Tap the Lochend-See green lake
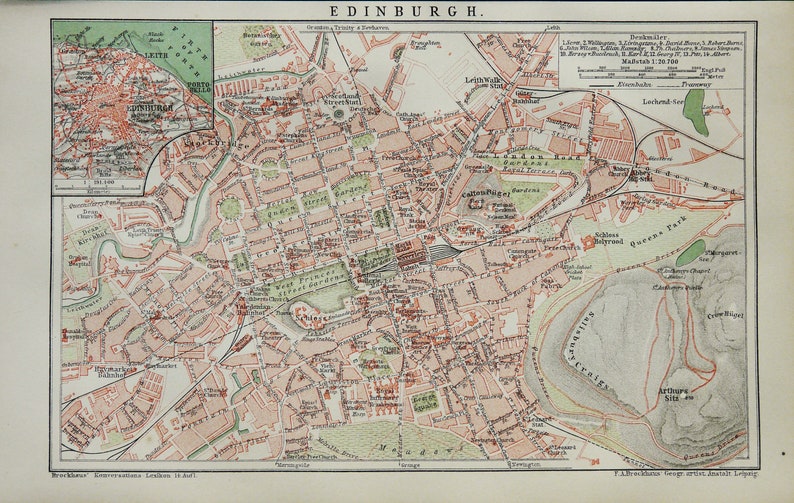tap(695, 111)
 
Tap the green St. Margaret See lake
tap(690, 252)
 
